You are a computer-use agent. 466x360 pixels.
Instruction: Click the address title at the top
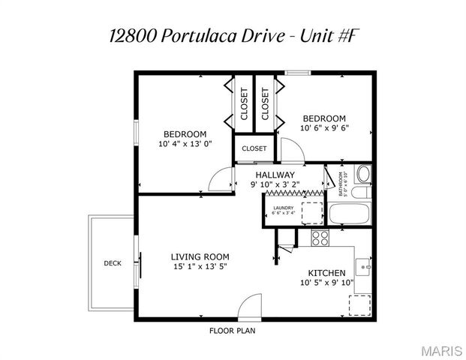232,36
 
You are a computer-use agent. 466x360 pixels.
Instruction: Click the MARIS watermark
441,350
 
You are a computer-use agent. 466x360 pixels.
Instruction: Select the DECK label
112,263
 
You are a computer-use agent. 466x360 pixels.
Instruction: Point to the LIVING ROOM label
200,256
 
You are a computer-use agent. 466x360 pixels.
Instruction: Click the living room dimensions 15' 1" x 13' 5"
200,266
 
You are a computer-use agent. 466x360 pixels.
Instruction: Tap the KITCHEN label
326,272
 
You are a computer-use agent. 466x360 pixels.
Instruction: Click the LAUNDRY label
283,208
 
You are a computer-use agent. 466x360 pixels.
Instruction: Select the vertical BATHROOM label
341,184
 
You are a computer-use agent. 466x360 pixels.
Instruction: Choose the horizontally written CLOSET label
254,148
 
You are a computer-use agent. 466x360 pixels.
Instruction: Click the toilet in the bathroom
363,175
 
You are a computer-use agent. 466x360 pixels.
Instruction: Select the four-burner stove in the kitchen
321,238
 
